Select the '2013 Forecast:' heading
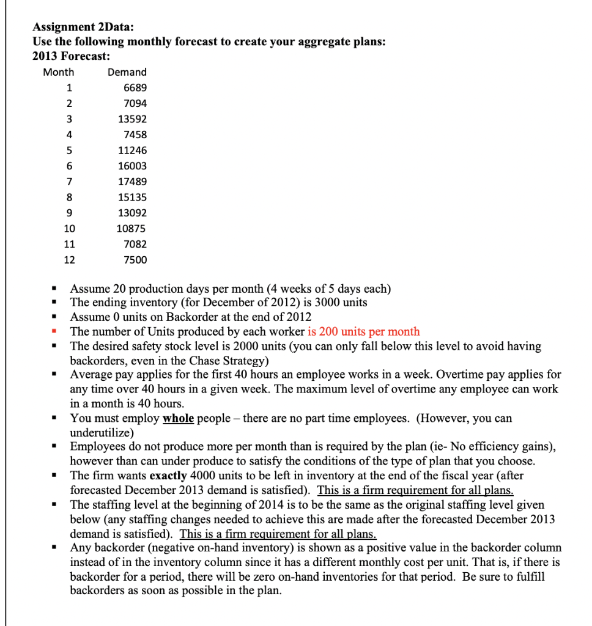point(72,56)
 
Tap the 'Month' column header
point(59,72)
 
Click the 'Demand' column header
point(127,72)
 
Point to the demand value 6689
point(135,88)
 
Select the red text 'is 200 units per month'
point(363,332)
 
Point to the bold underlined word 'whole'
point(179,419)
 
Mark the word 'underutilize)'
point(102,432)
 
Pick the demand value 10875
point(131,229)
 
